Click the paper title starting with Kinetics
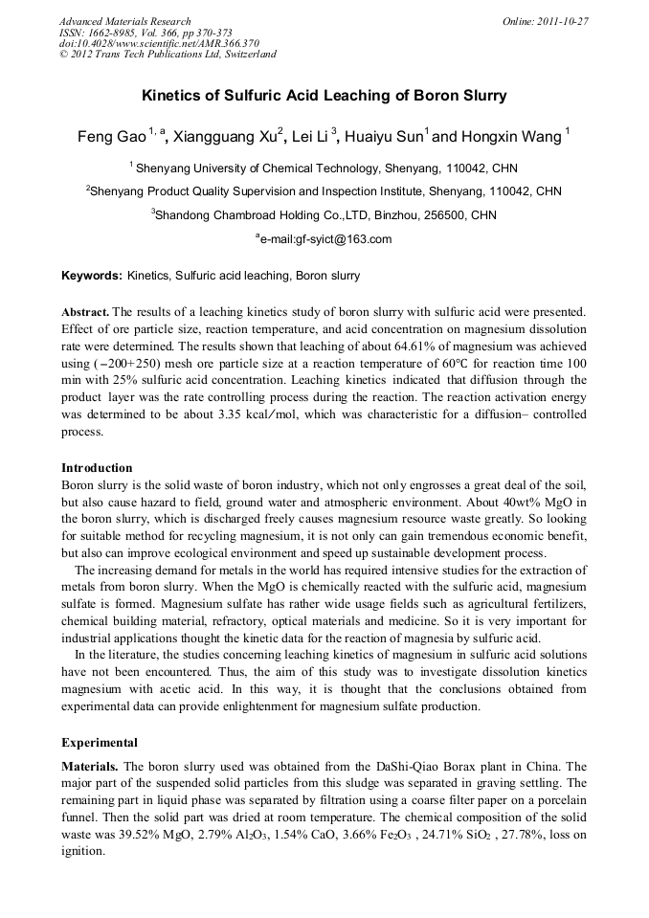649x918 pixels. point(324,96)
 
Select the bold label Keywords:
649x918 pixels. point(92,277)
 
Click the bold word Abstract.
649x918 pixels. point(85,313)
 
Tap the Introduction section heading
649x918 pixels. point(97,468)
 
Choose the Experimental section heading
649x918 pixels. point(100,742)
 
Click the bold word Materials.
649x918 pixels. point(90,768)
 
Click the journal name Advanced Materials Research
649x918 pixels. point(124,21)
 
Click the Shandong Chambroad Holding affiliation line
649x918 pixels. point(324,214)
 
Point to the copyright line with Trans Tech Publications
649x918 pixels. point(168,55)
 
